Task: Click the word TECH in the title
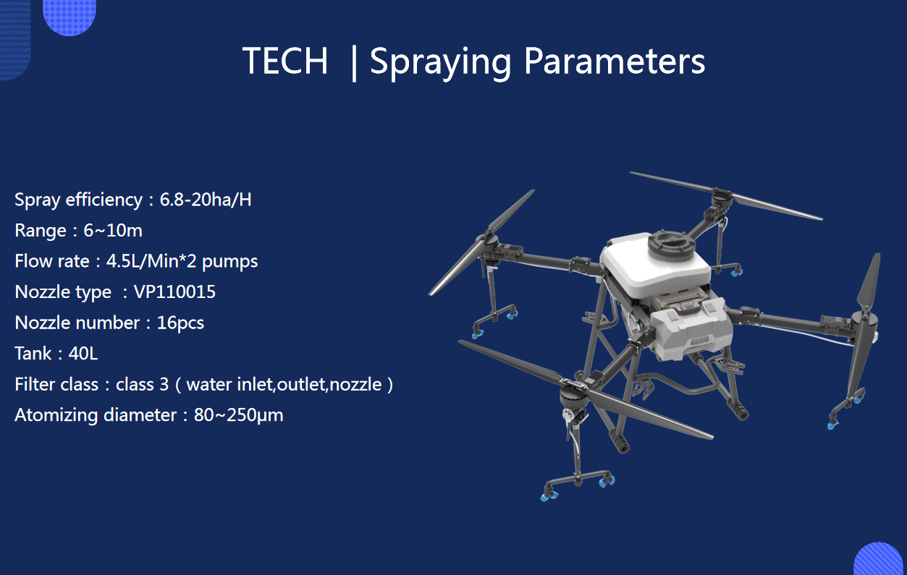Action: [x=285, y=61]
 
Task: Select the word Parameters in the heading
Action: [x=615, y=61]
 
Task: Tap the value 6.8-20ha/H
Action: [x=206, y=200]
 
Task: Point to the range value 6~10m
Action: [x=113, y=231]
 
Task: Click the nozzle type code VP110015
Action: [x=174, y=291]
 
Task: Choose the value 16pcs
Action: [x=180, y=323]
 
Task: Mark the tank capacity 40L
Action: [x=83, y=354]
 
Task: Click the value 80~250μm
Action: [x=239, y=415]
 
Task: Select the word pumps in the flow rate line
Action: [x=230, y=262]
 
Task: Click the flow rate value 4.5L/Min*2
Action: [x=151, y=261]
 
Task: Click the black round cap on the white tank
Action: [x=671, y=243]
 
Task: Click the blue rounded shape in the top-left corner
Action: [x=69, y=16]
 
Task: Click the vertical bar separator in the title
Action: [x=354, y=64]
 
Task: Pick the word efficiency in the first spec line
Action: [x=104, y=200]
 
